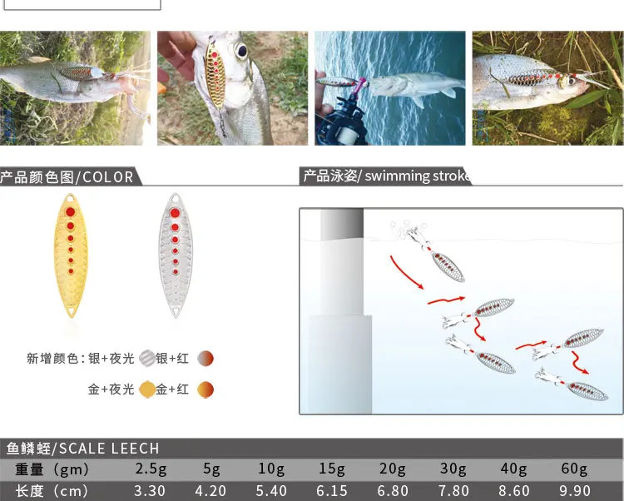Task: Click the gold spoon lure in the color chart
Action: coord(71,255)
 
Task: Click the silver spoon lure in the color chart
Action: coord(175,255)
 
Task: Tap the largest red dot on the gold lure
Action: coord(71,211)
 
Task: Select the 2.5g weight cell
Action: coord(151,469)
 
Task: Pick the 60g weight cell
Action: coord(574,469)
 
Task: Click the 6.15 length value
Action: coord(332,491)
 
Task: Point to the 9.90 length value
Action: coord(575,491)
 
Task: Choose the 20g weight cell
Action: coord(393,469)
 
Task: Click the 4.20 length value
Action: coord(210,491)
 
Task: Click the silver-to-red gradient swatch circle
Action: coord(206,358)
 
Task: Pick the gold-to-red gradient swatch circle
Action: coord(206,389)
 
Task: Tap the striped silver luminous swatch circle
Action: coord(146,358)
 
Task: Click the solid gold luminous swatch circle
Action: coord(146,389)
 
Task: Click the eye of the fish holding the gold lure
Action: coord(241,51)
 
